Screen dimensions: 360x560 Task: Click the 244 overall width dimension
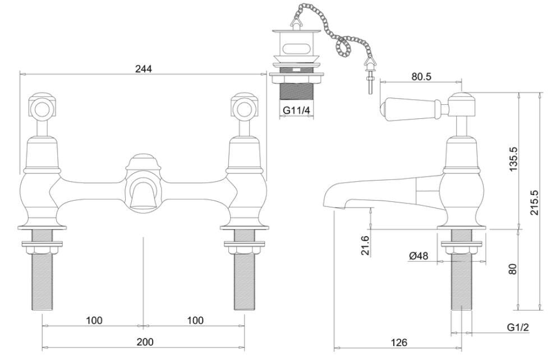click(144, 68)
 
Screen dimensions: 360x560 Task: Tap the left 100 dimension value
click(94, 320)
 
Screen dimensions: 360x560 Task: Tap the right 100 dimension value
click(195, 320)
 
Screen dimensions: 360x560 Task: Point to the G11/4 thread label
click(296, 110)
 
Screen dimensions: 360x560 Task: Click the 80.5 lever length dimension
click(421, 77)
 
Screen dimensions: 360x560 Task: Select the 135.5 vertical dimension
click(513, 160)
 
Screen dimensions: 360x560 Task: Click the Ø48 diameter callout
click(419, 256)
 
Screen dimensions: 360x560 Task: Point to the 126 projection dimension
click(398, 342)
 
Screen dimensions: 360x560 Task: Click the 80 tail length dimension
click(513, 269)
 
